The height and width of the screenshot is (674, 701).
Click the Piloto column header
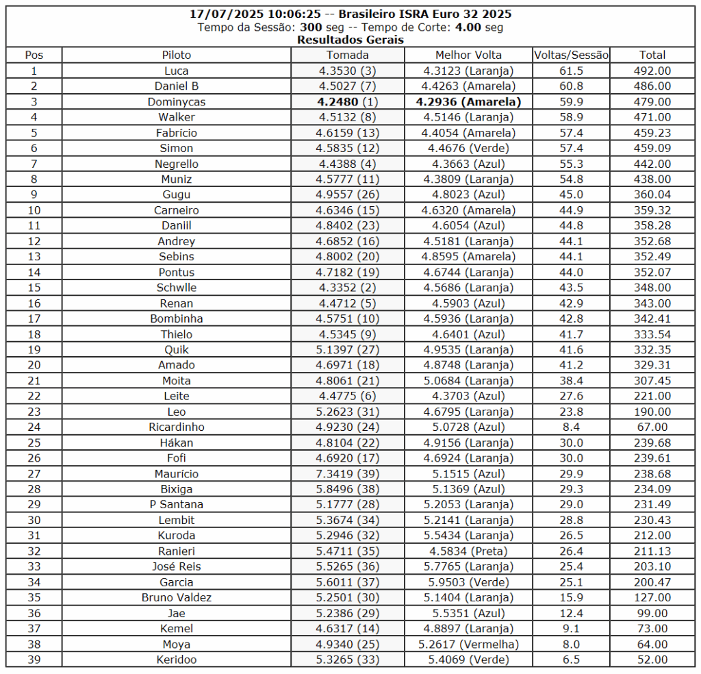click(x=177, y=55)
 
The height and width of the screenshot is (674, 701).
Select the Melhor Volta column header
click(x=468, y=55)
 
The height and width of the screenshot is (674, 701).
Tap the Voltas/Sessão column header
click(x=571, y=55)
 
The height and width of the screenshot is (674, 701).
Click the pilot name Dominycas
click(x=177, y=102)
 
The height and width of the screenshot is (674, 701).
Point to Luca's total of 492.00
click(x=653, y=71)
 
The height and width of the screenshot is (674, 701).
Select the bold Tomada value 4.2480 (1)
click(x=347, y=102)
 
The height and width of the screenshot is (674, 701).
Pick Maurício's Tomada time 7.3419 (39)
click(x=347, y=474)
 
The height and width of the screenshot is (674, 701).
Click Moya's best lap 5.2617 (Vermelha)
click(x=468, y=645)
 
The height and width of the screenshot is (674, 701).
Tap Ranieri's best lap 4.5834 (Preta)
click(x=468, y=551)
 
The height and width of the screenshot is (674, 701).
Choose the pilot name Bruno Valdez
click(x=177, y=598)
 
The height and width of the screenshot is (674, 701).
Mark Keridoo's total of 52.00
click(x=653, y=660)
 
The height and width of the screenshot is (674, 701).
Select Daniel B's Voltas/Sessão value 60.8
click(x=571, y=86)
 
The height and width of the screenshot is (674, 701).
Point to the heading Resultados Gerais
click(x=350, y=40)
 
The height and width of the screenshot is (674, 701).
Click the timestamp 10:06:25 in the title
click(x=285, y=14)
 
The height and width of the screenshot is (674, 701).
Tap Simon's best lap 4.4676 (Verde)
click(x=468, y=148)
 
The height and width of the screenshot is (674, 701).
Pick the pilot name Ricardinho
click(x=177, y=427)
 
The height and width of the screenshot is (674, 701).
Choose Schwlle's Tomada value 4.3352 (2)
click(x=347, y=288)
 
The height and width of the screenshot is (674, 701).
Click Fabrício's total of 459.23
click(x=653, y=133)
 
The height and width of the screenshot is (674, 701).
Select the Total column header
click(x=653, y=55)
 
